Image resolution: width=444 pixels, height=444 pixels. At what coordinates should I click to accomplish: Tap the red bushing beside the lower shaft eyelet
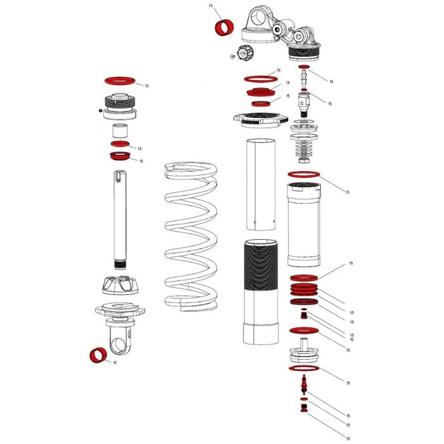tap(98, 355)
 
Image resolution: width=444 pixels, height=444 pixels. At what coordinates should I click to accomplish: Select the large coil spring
tap(191, 235)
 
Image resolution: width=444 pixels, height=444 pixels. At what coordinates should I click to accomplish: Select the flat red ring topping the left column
tap(121, 81)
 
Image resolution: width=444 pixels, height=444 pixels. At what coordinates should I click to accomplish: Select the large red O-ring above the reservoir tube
tap(304, 175)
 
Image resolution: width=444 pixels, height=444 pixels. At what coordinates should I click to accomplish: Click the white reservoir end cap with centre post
tap(303, 351)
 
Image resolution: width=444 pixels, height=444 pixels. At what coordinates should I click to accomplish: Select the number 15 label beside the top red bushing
tap(211, 6)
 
